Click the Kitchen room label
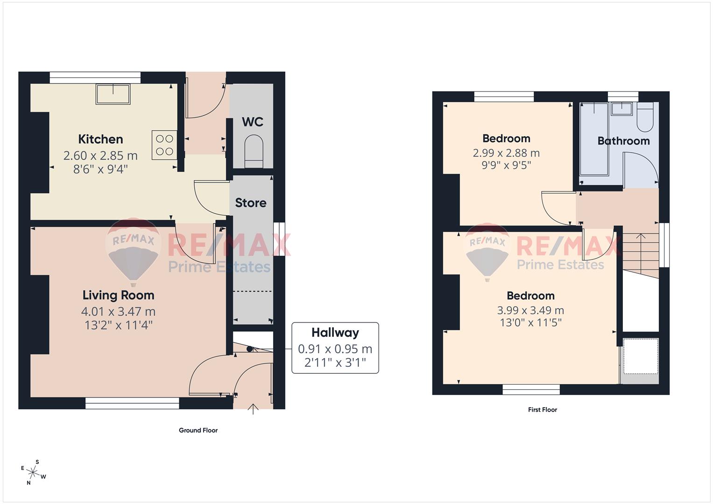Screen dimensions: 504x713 click(100, 139)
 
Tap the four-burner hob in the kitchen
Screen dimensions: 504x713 click(164, 145)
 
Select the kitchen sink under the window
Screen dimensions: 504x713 click(113, 94)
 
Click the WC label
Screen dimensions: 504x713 click(253, 122)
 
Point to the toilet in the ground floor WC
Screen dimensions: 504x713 click(254, 150)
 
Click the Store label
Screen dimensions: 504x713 click(251, 203)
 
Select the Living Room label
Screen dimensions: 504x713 click(118, 295)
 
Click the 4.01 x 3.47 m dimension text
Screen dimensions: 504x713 click(118, 311)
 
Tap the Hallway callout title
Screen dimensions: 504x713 click(335, 333)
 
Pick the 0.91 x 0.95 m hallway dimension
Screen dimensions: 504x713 click(335, 349)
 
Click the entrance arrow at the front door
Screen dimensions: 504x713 click(253, 409)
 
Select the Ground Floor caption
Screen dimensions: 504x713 click(198, 430)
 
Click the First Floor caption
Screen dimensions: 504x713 click(543, 410)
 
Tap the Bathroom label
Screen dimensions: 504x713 click(623, 141)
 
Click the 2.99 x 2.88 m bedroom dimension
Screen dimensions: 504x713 click(506, 153)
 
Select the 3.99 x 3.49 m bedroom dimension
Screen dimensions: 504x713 click(530, 310)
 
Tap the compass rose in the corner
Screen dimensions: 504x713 click(34, 472)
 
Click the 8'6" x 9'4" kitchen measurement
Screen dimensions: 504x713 click(100, 169)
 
